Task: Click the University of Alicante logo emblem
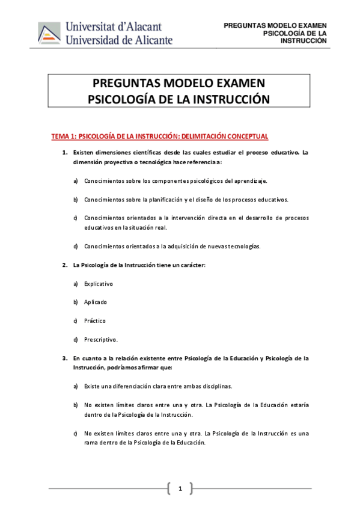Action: [50, 33]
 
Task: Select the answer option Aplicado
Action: [96, 302]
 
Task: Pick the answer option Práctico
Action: [95, 321]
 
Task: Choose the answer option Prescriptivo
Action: [101, 339]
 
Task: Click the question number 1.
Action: [64, 152]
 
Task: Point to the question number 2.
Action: [64, 265]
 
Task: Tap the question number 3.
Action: [64, 358]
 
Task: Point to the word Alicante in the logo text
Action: [151, 40]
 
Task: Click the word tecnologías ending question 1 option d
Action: [242, 246]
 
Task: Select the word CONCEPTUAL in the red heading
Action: [245, 137]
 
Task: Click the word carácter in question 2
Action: [191, 265]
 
